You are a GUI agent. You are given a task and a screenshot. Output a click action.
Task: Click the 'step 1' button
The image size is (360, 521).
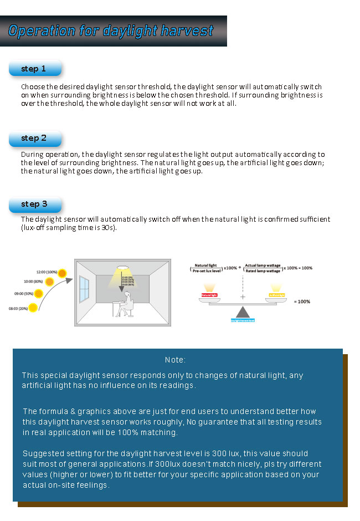click(x=34, y=69)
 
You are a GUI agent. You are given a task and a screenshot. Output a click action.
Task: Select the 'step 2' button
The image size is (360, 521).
click(x=34, y=139)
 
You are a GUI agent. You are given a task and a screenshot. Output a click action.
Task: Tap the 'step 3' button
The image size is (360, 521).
click(x=34, y=205)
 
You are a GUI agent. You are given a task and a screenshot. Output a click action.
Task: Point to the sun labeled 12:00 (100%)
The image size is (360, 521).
click(x=62, y=273)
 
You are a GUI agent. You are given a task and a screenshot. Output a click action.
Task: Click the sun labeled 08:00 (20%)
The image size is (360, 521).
click(x=33, y=307)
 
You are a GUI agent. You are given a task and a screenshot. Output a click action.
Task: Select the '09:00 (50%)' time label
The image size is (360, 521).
click(x=24, y=293)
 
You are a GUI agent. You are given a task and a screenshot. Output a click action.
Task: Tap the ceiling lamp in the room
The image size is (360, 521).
click(x=121, y=268)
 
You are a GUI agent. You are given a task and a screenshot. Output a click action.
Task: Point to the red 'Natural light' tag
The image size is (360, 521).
click(x=209, y=295)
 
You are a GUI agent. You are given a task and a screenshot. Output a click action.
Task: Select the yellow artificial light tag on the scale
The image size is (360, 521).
click(x=277, y=295)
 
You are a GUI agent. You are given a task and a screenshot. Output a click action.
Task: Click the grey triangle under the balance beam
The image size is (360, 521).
click(x=243, y=313)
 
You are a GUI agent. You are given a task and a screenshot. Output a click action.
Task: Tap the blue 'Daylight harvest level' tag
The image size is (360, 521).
click(x=243, y=321)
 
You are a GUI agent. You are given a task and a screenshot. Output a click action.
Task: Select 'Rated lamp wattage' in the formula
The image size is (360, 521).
click(x=263, y=270)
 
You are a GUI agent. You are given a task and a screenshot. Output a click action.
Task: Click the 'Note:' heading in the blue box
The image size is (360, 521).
click(x=175, y=360)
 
